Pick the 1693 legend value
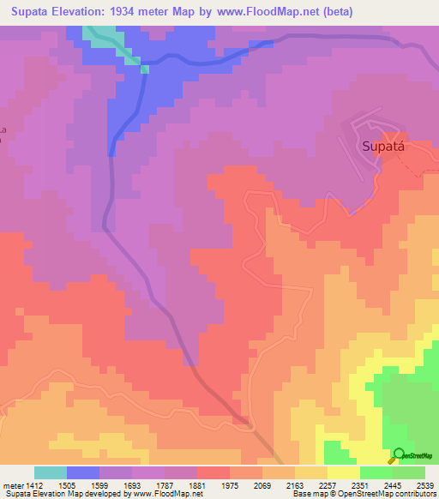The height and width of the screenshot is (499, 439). [132, 484]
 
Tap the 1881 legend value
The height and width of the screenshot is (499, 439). [197, 484]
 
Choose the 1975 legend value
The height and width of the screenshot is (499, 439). [230, 484]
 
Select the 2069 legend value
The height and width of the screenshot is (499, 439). [262, 484]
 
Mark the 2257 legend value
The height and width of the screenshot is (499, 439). [328, 484]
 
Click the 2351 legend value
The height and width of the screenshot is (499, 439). [360, 484]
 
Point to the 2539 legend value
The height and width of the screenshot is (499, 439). [425, 484]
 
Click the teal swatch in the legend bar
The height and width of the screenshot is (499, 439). [51, 472]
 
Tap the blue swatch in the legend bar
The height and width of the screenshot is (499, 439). [83, 472]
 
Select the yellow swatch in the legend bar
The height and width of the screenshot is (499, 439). [344, 472]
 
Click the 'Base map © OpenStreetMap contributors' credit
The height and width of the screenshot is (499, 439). [363, 494]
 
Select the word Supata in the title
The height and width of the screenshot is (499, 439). [33, 12]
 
